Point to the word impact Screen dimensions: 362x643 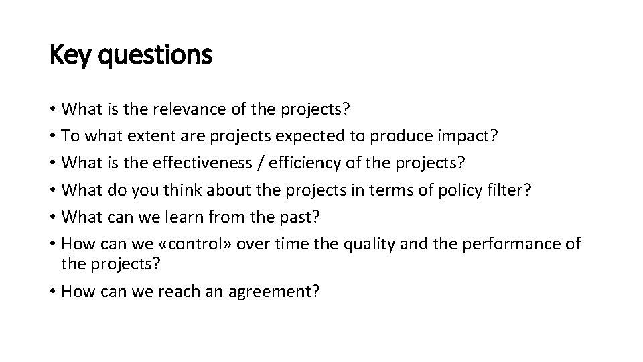470,136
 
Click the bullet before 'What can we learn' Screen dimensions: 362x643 53,217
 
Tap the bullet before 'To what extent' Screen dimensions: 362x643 53,136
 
